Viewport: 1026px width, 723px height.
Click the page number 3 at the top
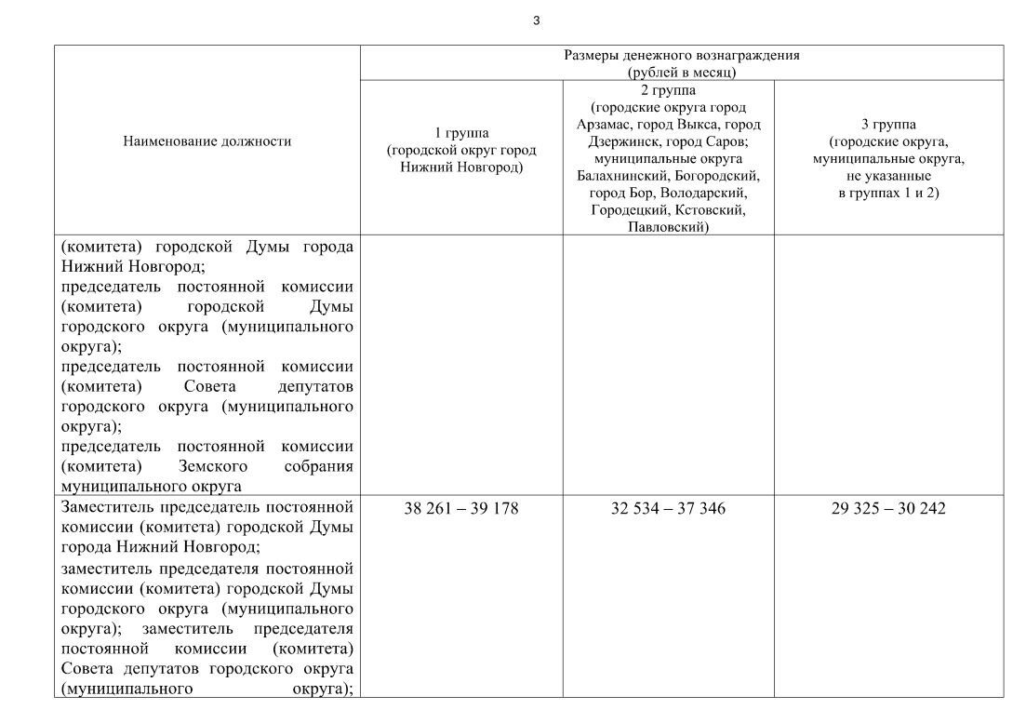[x=537, y=20]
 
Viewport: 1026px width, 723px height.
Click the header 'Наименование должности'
[x=207, y=141]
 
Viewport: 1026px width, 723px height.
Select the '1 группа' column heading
[x=461, y=133]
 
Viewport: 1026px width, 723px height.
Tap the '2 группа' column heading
[x=668, y=90]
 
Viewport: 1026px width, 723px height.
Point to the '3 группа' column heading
[x=888, y=124]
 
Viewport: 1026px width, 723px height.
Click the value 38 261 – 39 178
[x=461, y=509]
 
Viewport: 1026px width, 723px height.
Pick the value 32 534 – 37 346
[x=668, y=509]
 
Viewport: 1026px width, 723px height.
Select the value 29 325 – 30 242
[x=888, y=509]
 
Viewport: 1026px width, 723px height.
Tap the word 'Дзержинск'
[x=620, y=141]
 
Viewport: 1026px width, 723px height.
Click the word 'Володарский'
[x=703, y=193]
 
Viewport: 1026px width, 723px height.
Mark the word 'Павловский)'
[x=668, y=227]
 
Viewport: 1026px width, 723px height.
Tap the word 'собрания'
[x=319, y=466]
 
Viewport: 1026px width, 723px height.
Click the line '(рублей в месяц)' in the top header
[x=682, y=71]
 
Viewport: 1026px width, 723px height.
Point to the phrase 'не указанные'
[x=888, y=176]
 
